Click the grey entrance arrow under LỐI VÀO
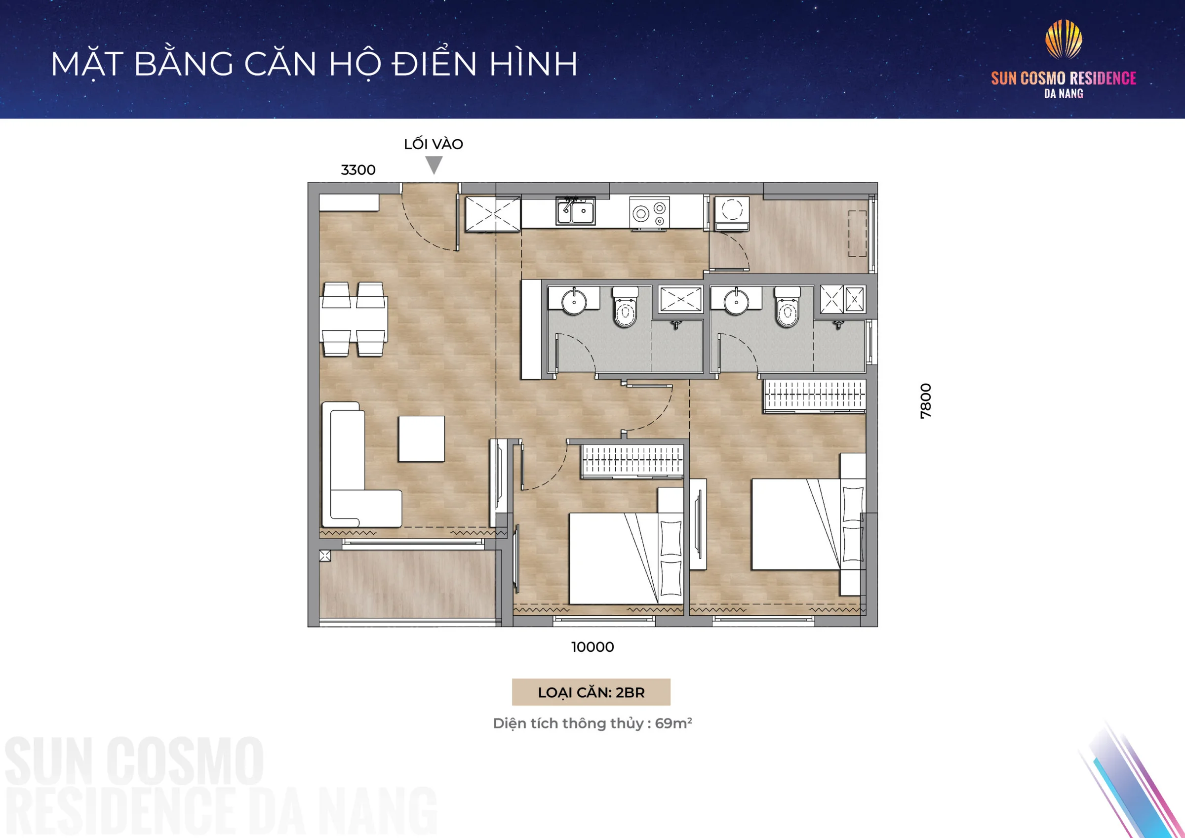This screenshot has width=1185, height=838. coord(434,165)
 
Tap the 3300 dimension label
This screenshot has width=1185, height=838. coord(358,170)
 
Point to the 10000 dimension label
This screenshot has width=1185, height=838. coord(592,647)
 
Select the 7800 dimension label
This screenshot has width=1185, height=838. coord(926,400)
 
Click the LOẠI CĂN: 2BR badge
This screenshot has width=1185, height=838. coord(591,692)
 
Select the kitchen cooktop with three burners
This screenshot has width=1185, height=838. coord(649,212)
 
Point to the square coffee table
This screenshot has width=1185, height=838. coord(421,439)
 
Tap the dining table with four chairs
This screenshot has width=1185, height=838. coord(354,319)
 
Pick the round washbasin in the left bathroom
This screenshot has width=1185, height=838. coord(574,301)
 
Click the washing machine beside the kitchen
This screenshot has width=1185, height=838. coord(732,213)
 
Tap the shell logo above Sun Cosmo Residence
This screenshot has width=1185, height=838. coord(1064,39)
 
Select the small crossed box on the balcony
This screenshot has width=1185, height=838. coord(324,556)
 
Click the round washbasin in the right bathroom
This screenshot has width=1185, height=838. coord(737,301)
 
